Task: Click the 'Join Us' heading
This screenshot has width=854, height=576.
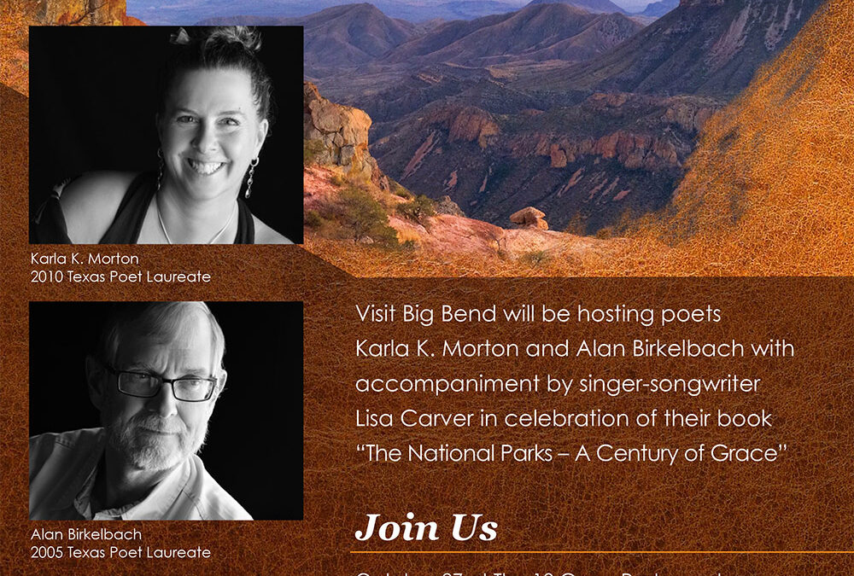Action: tap(426, 527)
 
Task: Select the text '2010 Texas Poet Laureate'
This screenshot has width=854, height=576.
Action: tap(120, 276)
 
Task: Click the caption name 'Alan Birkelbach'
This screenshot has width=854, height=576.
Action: tap(86, 535)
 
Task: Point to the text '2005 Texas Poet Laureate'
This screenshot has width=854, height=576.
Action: tap(120, 552)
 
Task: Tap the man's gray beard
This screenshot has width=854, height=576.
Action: tap(154, 444)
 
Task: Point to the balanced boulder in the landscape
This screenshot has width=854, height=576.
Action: tap(529, 218)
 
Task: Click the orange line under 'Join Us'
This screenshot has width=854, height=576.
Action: tap(598, 552)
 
